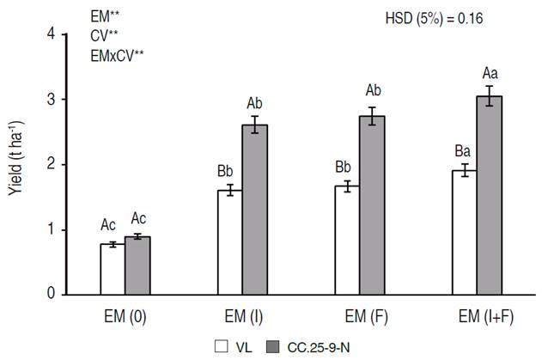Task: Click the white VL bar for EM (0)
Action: pos(113,269)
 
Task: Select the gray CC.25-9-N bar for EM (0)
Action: pos(137,265)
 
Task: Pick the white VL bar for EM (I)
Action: pos(229,242)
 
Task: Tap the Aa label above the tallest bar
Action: pos(490,74)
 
